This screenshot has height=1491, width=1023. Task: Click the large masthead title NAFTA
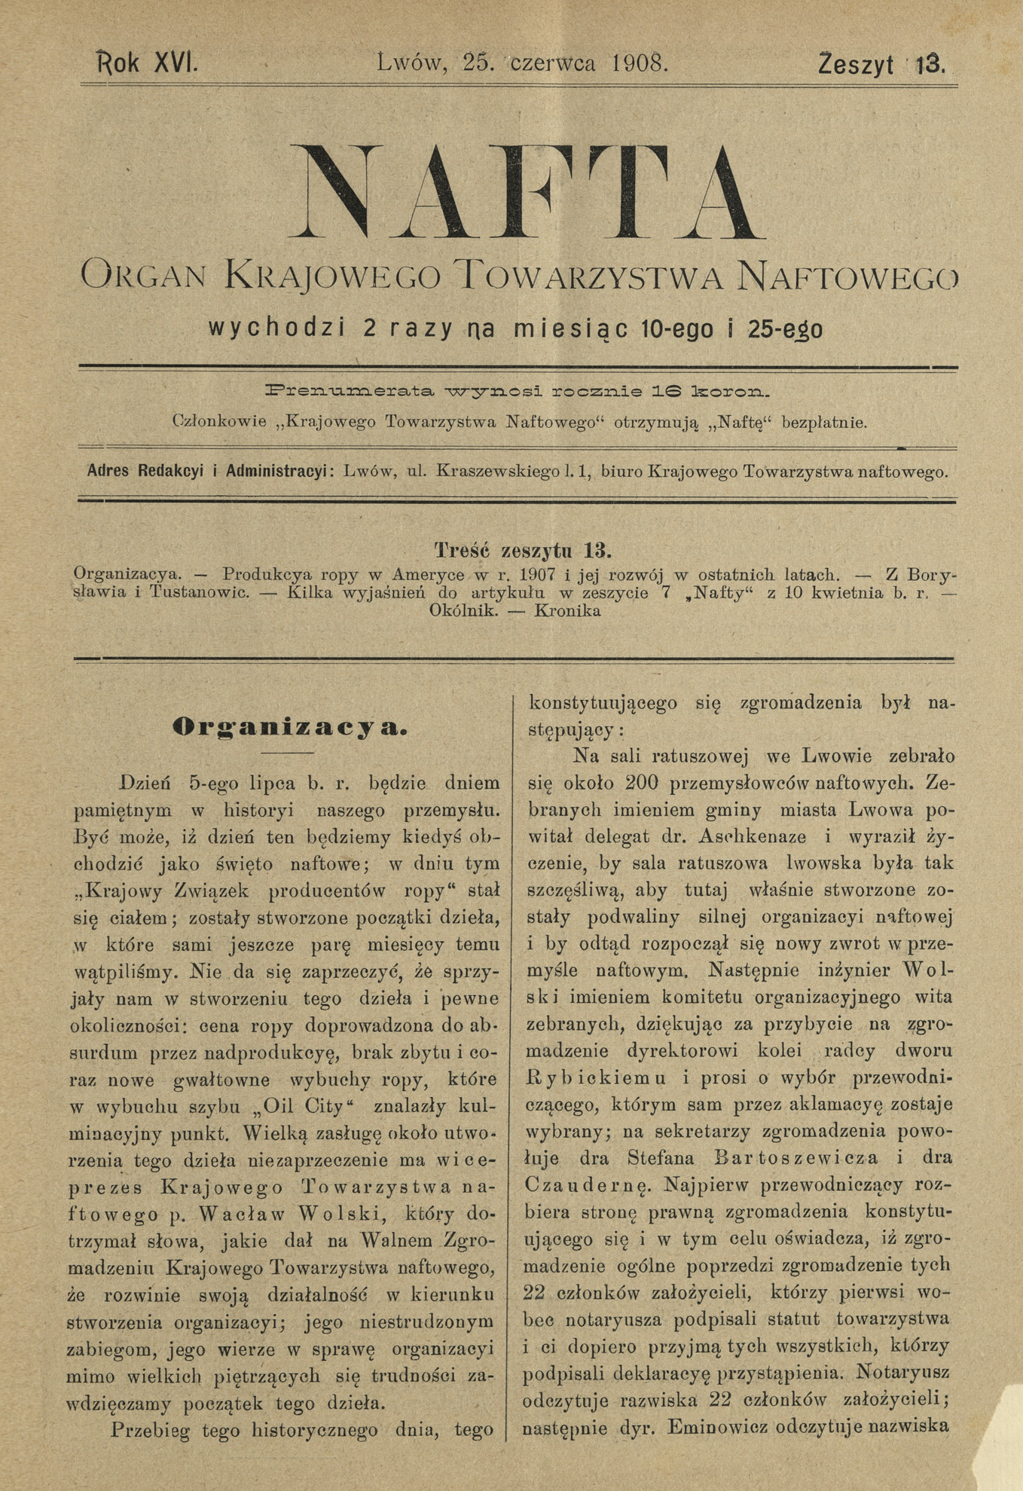[x=520, y=191]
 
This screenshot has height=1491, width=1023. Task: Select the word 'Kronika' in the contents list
[x=567, y=611]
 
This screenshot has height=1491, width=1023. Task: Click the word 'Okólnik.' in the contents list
[x=463, y=611]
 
